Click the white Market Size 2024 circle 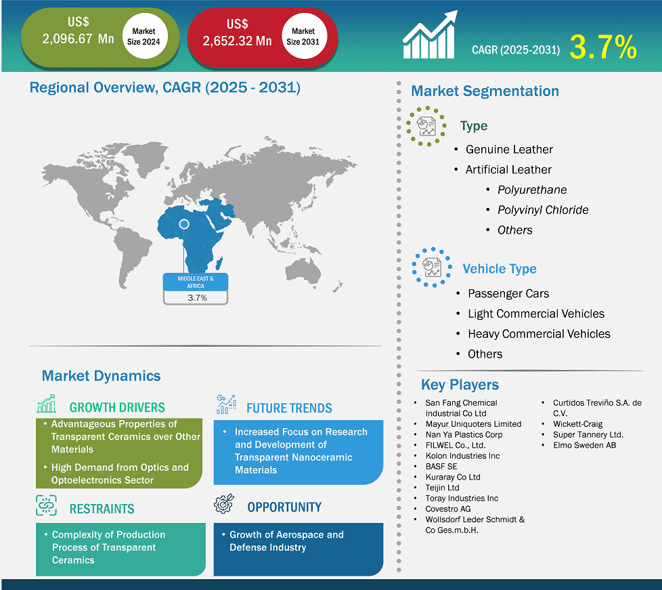(x=144, y=36)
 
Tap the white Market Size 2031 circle (x=303, y=36)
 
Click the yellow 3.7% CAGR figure (x=602, y=47)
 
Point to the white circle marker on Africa (x=183, y=224)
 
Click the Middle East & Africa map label (x=196, y=282)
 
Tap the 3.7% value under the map (x=196, y=297)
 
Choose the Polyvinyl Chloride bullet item (x=543, y=210)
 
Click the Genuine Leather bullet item (x=509, y=150)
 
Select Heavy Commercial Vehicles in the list (x=539, y=334)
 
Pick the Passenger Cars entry (x=508, y=294)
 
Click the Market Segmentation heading (x=485, y=91)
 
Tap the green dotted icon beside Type (x=426, y=126)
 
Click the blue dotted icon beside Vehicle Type (x=431, y=268)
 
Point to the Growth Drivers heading (x=117, y=408)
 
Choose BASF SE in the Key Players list (x=441, y=467)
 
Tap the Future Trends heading (x=289, y=408)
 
